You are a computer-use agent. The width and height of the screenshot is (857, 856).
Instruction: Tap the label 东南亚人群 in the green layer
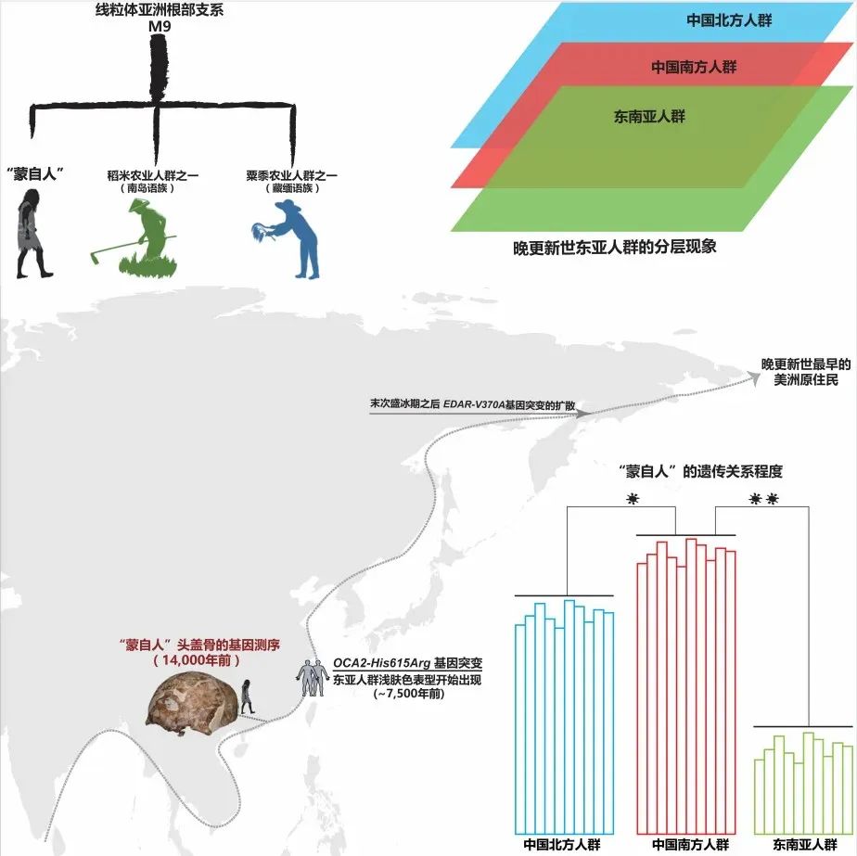tap(649, 117)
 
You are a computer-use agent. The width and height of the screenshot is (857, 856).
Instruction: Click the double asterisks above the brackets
tap(762, 500)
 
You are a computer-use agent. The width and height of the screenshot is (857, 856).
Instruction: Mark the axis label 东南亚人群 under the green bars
tap(802, 844)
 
